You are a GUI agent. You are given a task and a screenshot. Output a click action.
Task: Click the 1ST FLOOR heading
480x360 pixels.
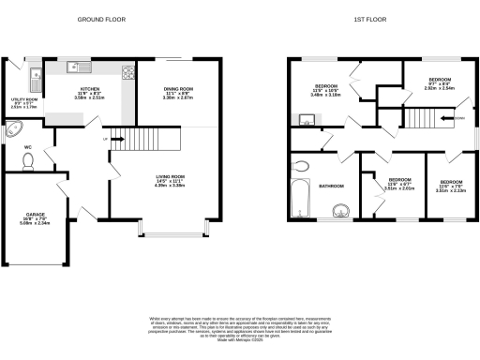point(372,18)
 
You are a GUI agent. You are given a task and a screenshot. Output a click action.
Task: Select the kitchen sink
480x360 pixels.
point(77,67)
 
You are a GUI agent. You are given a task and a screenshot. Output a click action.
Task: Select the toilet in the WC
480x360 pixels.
point(27,162)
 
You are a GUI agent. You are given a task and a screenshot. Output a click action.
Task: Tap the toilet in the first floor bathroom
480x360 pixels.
point(302,167)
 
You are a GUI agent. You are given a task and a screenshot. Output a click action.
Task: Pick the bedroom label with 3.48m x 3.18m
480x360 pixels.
point(327,90)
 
